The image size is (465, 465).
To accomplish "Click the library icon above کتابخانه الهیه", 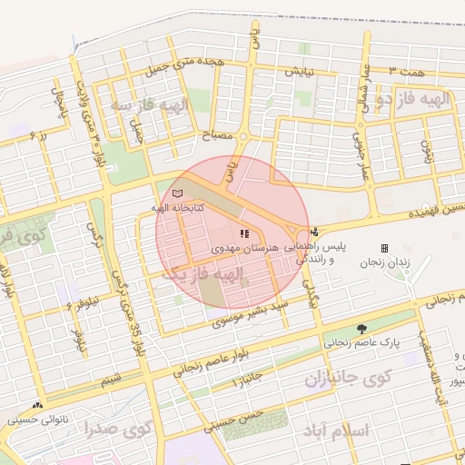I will pos(177,193).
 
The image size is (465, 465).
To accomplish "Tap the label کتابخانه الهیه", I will pos(177,208).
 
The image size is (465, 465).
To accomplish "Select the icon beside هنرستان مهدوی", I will pos(242,233).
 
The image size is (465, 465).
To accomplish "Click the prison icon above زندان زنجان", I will pos(384,248).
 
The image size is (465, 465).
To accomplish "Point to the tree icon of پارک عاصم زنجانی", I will pos(362,328).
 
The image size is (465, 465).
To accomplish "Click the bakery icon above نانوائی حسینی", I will pos(37,405).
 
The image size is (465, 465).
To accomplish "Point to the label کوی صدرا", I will pos(118,428).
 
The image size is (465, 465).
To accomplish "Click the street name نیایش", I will pos(299,71).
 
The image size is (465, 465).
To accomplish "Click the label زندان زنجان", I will pos(384,262).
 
